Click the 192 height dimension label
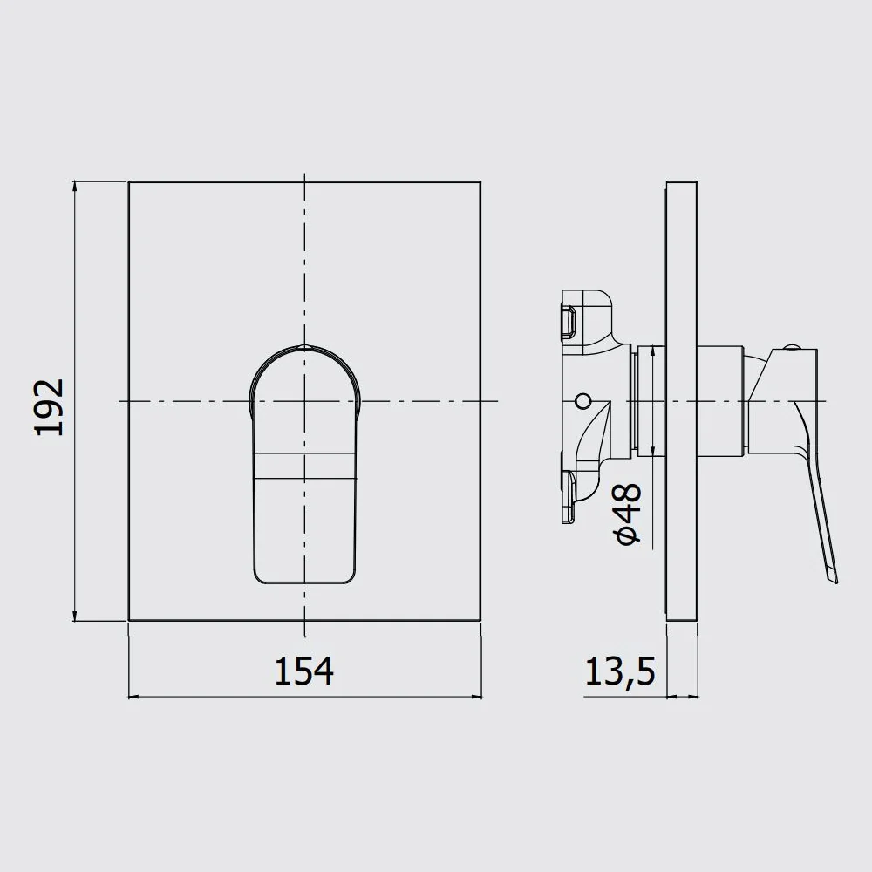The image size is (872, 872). (50, 407)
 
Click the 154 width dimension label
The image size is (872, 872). (304, 671)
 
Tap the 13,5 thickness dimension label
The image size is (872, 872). (620, 671)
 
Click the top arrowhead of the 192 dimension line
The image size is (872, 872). (75, 187)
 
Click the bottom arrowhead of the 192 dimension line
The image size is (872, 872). (75, 615)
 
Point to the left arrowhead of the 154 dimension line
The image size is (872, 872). (134, 696)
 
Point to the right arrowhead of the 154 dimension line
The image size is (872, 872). (475, 696)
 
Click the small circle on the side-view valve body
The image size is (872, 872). (582, 400)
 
